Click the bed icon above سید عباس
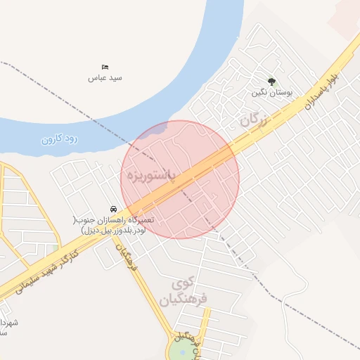(x=105, y=67)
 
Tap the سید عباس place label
(x=105, y=77)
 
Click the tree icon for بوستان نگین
(x=271, y=82)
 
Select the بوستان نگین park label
(x=271, y=92)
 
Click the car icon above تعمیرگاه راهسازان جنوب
(x=112, y=209)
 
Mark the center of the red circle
(x=180, y=179)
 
